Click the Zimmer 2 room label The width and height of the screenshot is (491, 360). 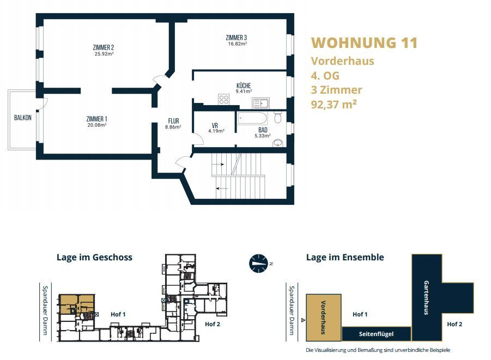(x=104, y=47)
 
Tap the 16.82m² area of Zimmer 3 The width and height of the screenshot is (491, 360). (x=238, y=44)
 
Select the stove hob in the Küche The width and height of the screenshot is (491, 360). (x=224, y=100)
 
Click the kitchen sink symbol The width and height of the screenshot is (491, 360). (x=260, y=103)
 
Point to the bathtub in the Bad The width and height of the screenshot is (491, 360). (x=253, y=118)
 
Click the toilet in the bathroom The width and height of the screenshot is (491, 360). (x=278, y=117)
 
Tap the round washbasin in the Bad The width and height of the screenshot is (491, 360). (x=278, y=143)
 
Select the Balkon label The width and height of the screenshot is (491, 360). (x=23, y=118)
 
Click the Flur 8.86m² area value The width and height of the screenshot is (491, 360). (x=173, y=127)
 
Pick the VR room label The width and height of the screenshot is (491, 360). (x=215, y=125)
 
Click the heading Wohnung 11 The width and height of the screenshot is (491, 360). (x=365, y=43)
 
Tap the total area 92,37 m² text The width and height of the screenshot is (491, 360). (x=334, y=104)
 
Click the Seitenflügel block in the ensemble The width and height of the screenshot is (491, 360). (x=377, y=334)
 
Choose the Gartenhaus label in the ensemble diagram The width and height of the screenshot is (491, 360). (x=426, y=297)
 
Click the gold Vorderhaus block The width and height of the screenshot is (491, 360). (x=324, y=318)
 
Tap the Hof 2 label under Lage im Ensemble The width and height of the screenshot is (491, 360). (x=454, y=324)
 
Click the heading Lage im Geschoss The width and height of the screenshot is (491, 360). (x=95, y=257)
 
